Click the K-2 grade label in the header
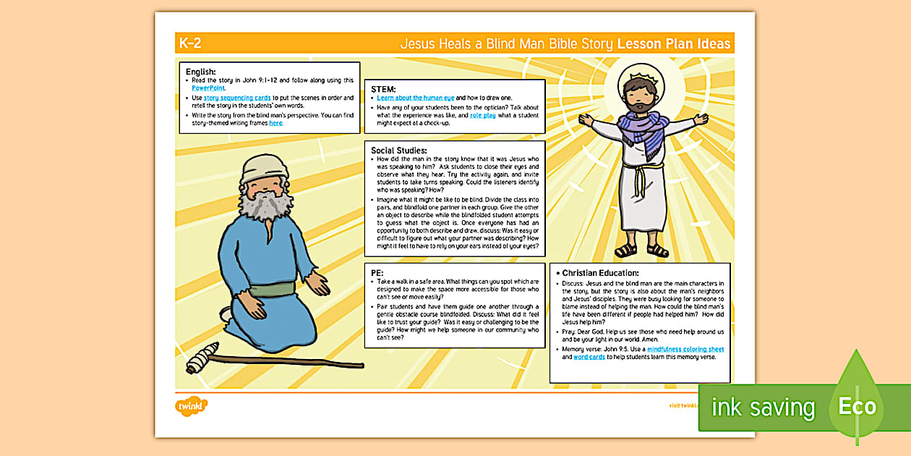tap(190, 43)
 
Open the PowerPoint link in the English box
tap(208, 88)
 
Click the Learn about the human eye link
tap(415, 98)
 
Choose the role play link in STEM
tap(483, 115)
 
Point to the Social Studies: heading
tap(399, 150)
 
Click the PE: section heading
tap(377, 273)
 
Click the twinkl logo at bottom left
tap(192, 405)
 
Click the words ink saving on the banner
tap(763, 408)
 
